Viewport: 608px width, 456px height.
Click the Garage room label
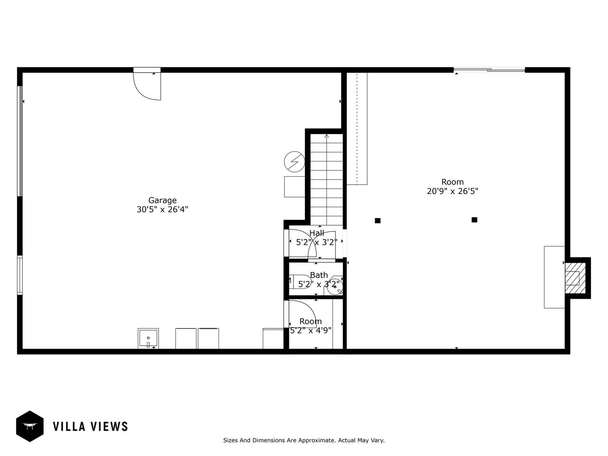162,200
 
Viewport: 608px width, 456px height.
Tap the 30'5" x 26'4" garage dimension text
162,209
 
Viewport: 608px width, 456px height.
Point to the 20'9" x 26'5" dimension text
452,191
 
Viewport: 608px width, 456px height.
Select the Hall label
317,233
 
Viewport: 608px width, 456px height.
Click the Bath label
319,275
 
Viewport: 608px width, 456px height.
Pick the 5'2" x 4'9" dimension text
311,330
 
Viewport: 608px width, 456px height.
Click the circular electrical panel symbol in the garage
294,161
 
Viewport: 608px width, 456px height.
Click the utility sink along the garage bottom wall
148,339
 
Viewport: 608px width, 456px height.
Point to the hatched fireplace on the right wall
575,278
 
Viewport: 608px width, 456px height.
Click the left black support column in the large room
378,221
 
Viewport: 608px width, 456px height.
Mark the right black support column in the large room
475,220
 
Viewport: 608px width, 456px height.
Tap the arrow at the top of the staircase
327,136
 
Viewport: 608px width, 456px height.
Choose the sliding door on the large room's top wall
489,70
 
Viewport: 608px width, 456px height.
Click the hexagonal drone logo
30,427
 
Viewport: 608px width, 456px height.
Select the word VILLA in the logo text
69,427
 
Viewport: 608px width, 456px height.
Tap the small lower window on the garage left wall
20,275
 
